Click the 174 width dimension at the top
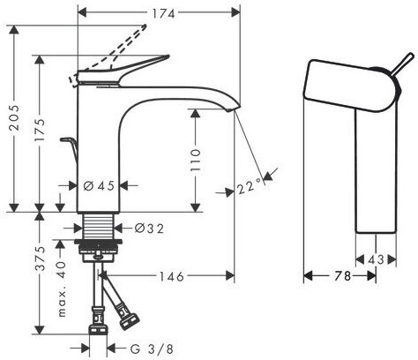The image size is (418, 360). point(163,13)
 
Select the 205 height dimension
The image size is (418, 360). point(14,117)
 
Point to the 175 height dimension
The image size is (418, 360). point(40,130)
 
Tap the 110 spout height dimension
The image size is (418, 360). point(195,161)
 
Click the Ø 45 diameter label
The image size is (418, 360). point(99,185)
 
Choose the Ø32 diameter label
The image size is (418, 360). point(149,229)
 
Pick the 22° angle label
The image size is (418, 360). point(249,186)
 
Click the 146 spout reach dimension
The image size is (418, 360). point(172,276)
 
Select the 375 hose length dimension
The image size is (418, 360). point(40,259)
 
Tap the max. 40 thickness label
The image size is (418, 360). point(62,288)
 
